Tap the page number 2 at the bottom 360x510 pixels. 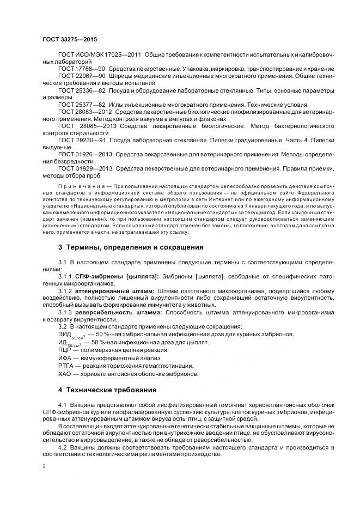pos(44,466)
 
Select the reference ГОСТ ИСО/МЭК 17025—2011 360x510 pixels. pos(92,56)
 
